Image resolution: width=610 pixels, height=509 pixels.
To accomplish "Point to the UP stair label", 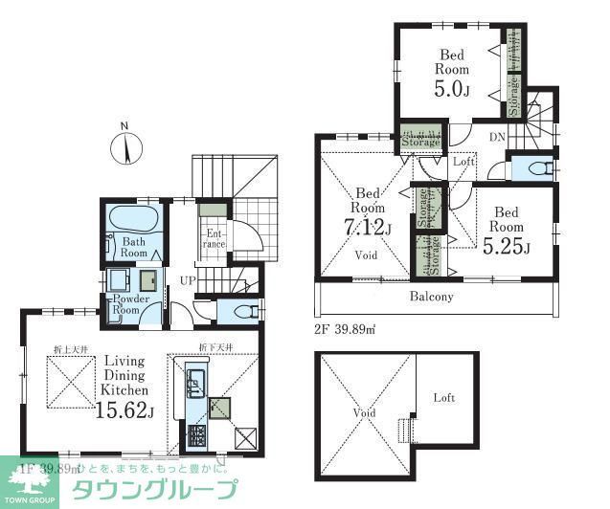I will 188,280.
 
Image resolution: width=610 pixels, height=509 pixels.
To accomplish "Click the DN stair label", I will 497,138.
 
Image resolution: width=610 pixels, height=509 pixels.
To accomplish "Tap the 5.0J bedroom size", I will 453,89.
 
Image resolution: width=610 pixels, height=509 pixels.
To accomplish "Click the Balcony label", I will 432,296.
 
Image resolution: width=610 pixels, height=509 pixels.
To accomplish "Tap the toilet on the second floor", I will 532,166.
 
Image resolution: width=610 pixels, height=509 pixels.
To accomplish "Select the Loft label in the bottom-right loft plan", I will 443,398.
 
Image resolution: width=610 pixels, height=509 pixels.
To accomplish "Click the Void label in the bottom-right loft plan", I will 364,413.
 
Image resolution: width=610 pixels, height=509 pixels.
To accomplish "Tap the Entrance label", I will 214,238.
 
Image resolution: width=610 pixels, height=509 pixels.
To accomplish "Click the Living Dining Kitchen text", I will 125,375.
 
